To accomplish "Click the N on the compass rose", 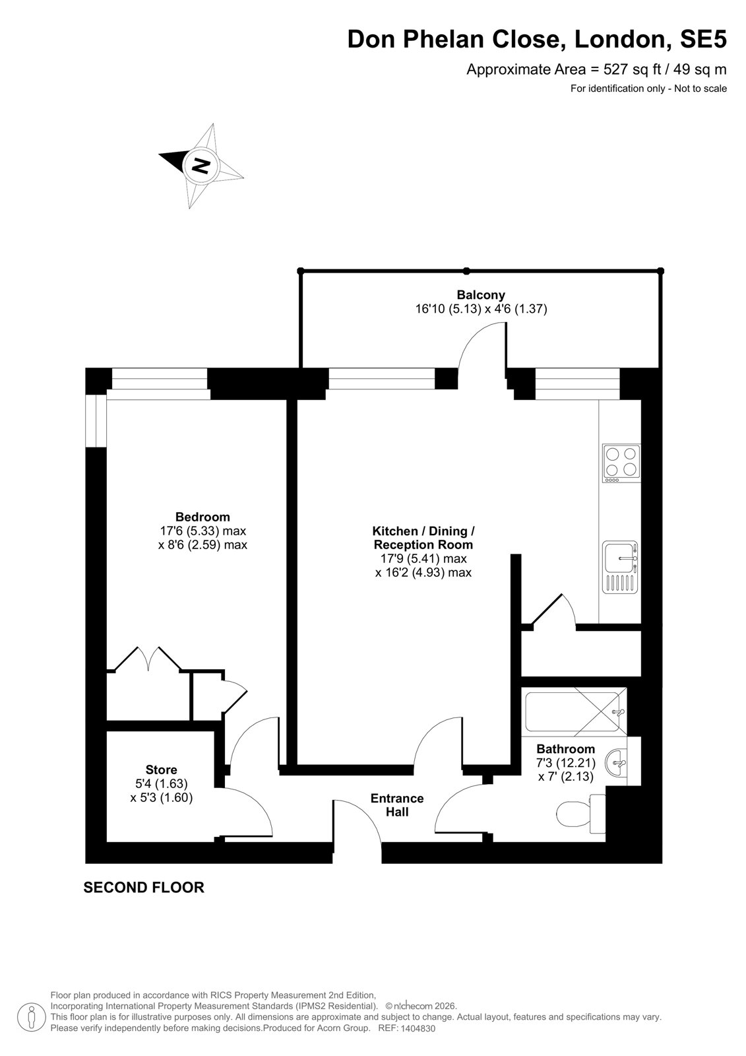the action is click(x=201, y=165).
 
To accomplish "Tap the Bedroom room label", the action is click(x=202, y=517).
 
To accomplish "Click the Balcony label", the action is click(x=481, y=295).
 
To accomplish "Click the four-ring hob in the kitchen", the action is click(x=621, y=463).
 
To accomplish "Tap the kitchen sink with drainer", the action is click(x=620, y=567).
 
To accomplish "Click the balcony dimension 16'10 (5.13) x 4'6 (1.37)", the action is click(x=481, y=310).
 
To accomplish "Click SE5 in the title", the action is click(x=703, y=40).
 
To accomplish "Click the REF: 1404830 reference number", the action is click(x=407, y=1028).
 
